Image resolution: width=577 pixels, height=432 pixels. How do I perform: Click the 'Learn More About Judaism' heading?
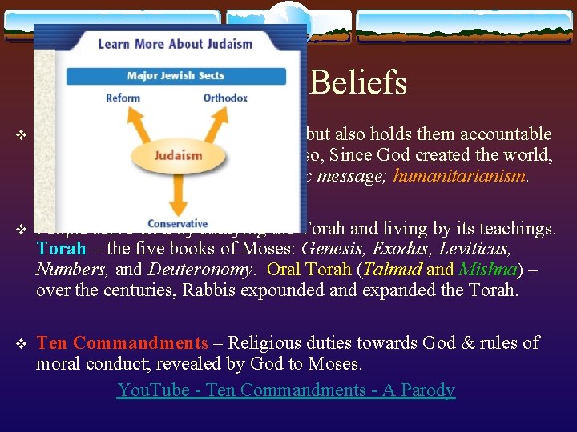(175, 44)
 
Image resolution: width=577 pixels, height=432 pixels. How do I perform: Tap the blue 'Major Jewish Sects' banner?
(176, 77)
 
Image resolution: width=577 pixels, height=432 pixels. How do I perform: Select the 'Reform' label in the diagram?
(123, 98)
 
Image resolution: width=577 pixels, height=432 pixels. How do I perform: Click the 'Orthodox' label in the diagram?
(225, 98)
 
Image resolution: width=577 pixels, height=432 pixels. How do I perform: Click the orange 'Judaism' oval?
(178, 155)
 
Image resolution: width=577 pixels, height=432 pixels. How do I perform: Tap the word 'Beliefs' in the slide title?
(357, 82)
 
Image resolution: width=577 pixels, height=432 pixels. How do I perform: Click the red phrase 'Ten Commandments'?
(122, 343)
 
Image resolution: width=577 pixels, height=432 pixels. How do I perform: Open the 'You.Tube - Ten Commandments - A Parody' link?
(286, 390)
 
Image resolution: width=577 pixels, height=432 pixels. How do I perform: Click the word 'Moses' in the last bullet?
(335, 364)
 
